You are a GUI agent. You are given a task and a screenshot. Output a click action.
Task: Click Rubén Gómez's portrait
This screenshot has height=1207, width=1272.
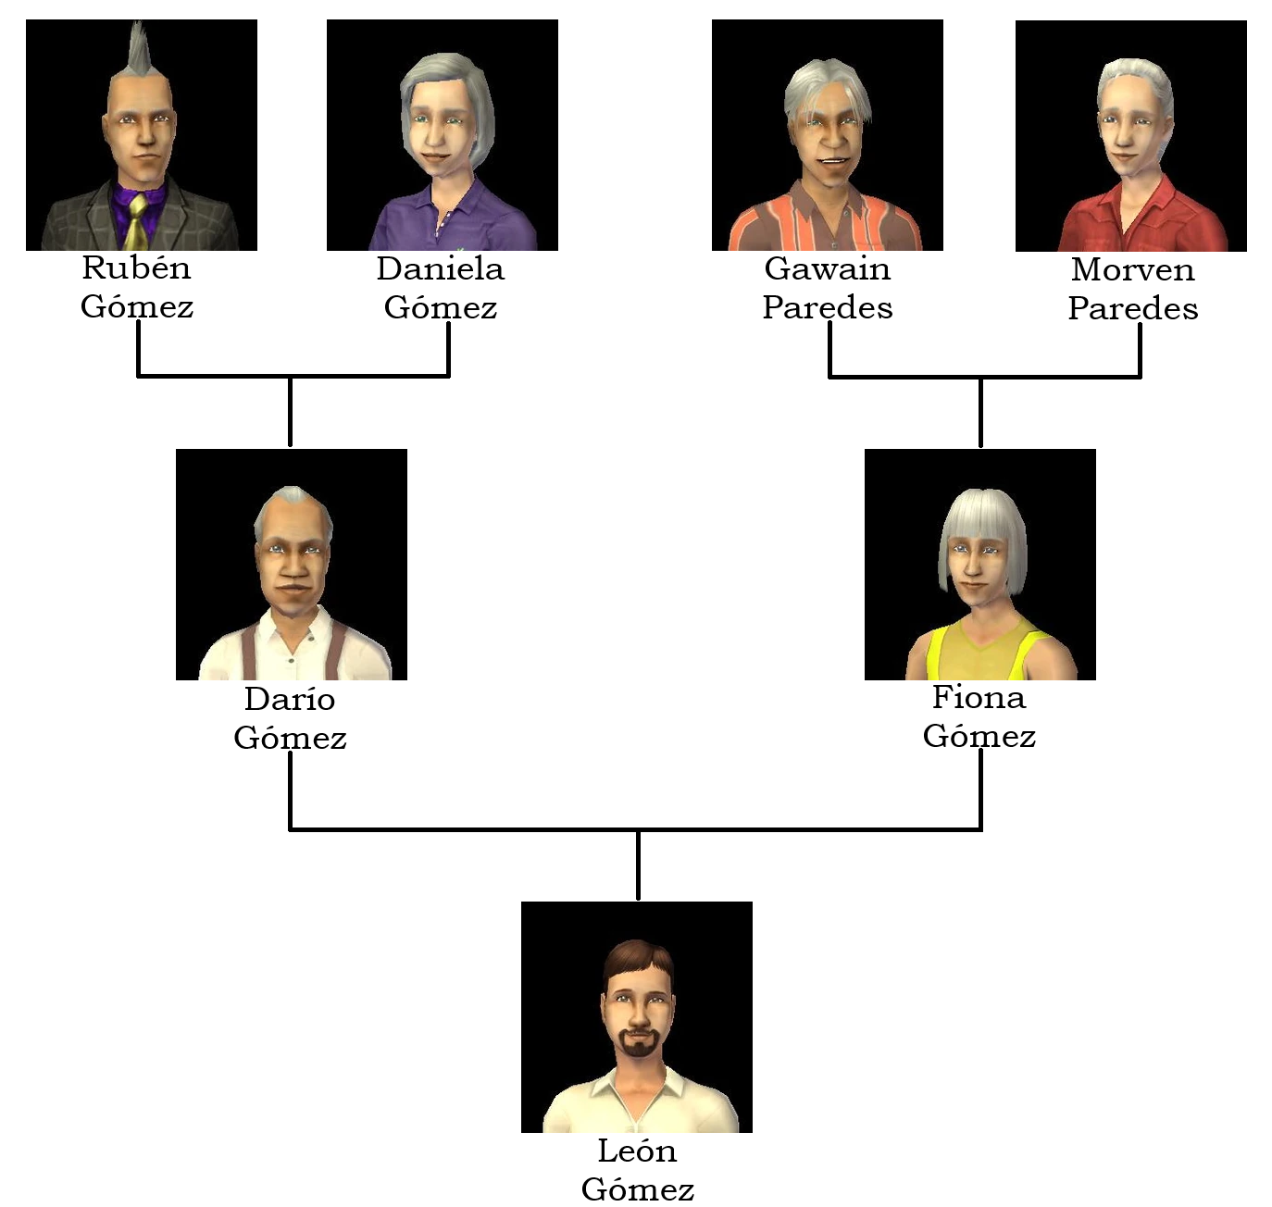(142, 135)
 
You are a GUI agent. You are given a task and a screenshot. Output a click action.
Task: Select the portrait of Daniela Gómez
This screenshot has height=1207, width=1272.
(443, 135)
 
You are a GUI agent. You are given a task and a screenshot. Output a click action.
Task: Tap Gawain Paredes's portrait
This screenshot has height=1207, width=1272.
(828, 135)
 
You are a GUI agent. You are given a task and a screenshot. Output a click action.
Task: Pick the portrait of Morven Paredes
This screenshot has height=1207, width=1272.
(1131, 136)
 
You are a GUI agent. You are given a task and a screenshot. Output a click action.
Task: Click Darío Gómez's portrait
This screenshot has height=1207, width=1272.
(292, 565)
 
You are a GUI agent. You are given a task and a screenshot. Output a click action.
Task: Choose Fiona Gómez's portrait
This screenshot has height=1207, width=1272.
(980, 565)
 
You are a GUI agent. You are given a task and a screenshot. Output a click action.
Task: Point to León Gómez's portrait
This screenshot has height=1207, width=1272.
(637, 1017)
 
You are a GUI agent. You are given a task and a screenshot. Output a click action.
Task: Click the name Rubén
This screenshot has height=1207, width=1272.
(136, 268)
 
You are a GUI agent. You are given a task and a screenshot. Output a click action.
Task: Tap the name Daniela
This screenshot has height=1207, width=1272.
(441, 269)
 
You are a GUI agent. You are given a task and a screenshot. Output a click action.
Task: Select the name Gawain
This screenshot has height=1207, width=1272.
(828, 269)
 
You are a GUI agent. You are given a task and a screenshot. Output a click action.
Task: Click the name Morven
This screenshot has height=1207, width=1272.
(1132, 270)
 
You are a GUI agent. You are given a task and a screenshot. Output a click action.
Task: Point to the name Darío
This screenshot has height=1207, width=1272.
(290, 699)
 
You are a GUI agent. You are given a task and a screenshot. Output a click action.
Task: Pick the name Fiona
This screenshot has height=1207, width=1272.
(979, 697)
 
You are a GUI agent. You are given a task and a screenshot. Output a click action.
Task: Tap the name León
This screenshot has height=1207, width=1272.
(637, 1151)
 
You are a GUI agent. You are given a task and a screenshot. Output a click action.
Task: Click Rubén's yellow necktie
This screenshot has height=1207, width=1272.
(136, 222)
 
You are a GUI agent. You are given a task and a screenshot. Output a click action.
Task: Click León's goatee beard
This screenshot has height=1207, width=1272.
(638, 1043)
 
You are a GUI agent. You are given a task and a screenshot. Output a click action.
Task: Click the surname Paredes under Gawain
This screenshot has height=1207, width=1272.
(828, 307)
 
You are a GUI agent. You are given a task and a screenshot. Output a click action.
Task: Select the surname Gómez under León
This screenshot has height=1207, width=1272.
(638, 1189)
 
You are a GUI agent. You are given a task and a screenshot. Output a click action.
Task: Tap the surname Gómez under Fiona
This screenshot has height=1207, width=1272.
(979, 736)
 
